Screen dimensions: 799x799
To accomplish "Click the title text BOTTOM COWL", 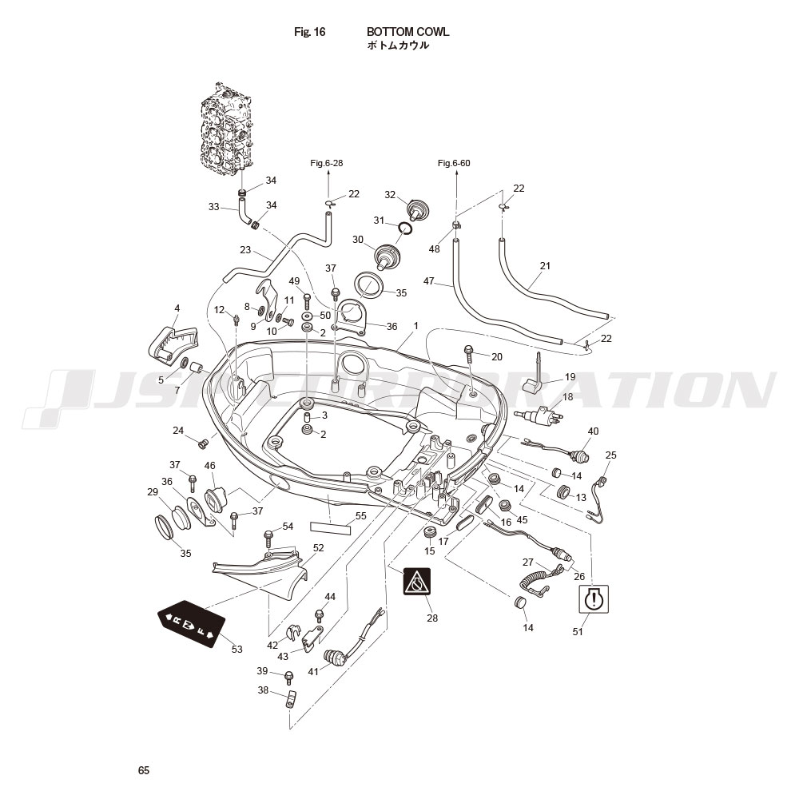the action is point(407,32).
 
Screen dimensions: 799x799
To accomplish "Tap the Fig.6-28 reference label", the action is point(327,163).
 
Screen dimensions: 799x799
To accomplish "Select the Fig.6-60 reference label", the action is point(454,163).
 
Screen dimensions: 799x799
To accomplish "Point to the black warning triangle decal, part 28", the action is point(417,582).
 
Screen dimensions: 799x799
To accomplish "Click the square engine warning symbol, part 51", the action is point(594,598).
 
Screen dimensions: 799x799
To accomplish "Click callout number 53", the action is point(237,649).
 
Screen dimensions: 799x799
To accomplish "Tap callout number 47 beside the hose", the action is point(429,280).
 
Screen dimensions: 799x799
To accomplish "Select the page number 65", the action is point(144,770).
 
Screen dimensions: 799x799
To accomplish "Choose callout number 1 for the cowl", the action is point(415,326).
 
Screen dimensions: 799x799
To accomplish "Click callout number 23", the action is point(245,250).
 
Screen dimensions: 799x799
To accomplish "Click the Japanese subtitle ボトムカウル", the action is point(398,46).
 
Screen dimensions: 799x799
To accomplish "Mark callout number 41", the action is point(313,672).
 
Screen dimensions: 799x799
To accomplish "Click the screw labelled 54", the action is point(268,539).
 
